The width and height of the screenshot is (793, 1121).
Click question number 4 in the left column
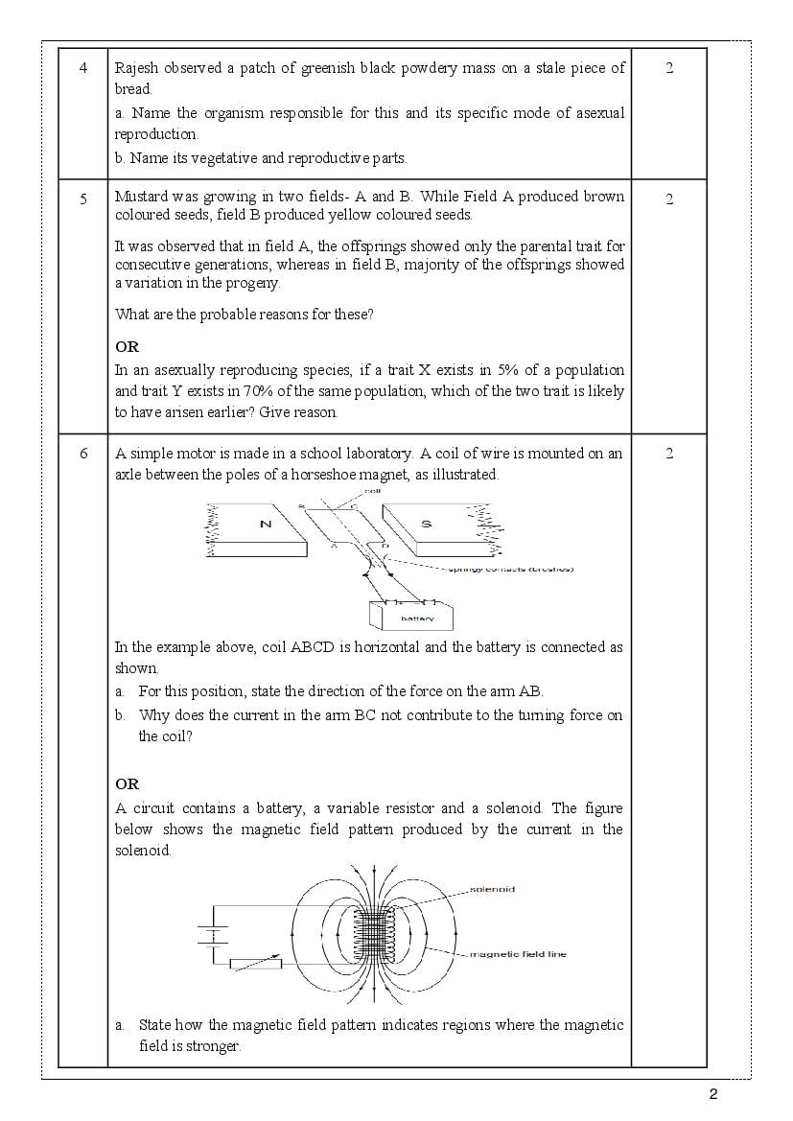pos(83,68)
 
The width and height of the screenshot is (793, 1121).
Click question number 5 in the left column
pos(83,199)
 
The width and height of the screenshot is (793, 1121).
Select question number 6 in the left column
pos(83,454)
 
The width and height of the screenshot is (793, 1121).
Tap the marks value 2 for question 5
pos(669,199)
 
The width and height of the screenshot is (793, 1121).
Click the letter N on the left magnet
pos(266,524)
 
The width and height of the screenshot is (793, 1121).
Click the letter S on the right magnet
pos(427,524)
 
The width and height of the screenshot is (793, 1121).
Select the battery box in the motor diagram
pos(411,615)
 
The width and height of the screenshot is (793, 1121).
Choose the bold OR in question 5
pos(127,347)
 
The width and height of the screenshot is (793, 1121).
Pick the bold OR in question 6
pos(127,784)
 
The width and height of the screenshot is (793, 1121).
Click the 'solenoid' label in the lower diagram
pos(493,890)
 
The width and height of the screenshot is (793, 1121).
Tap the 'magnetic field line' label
pos(518,955)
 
